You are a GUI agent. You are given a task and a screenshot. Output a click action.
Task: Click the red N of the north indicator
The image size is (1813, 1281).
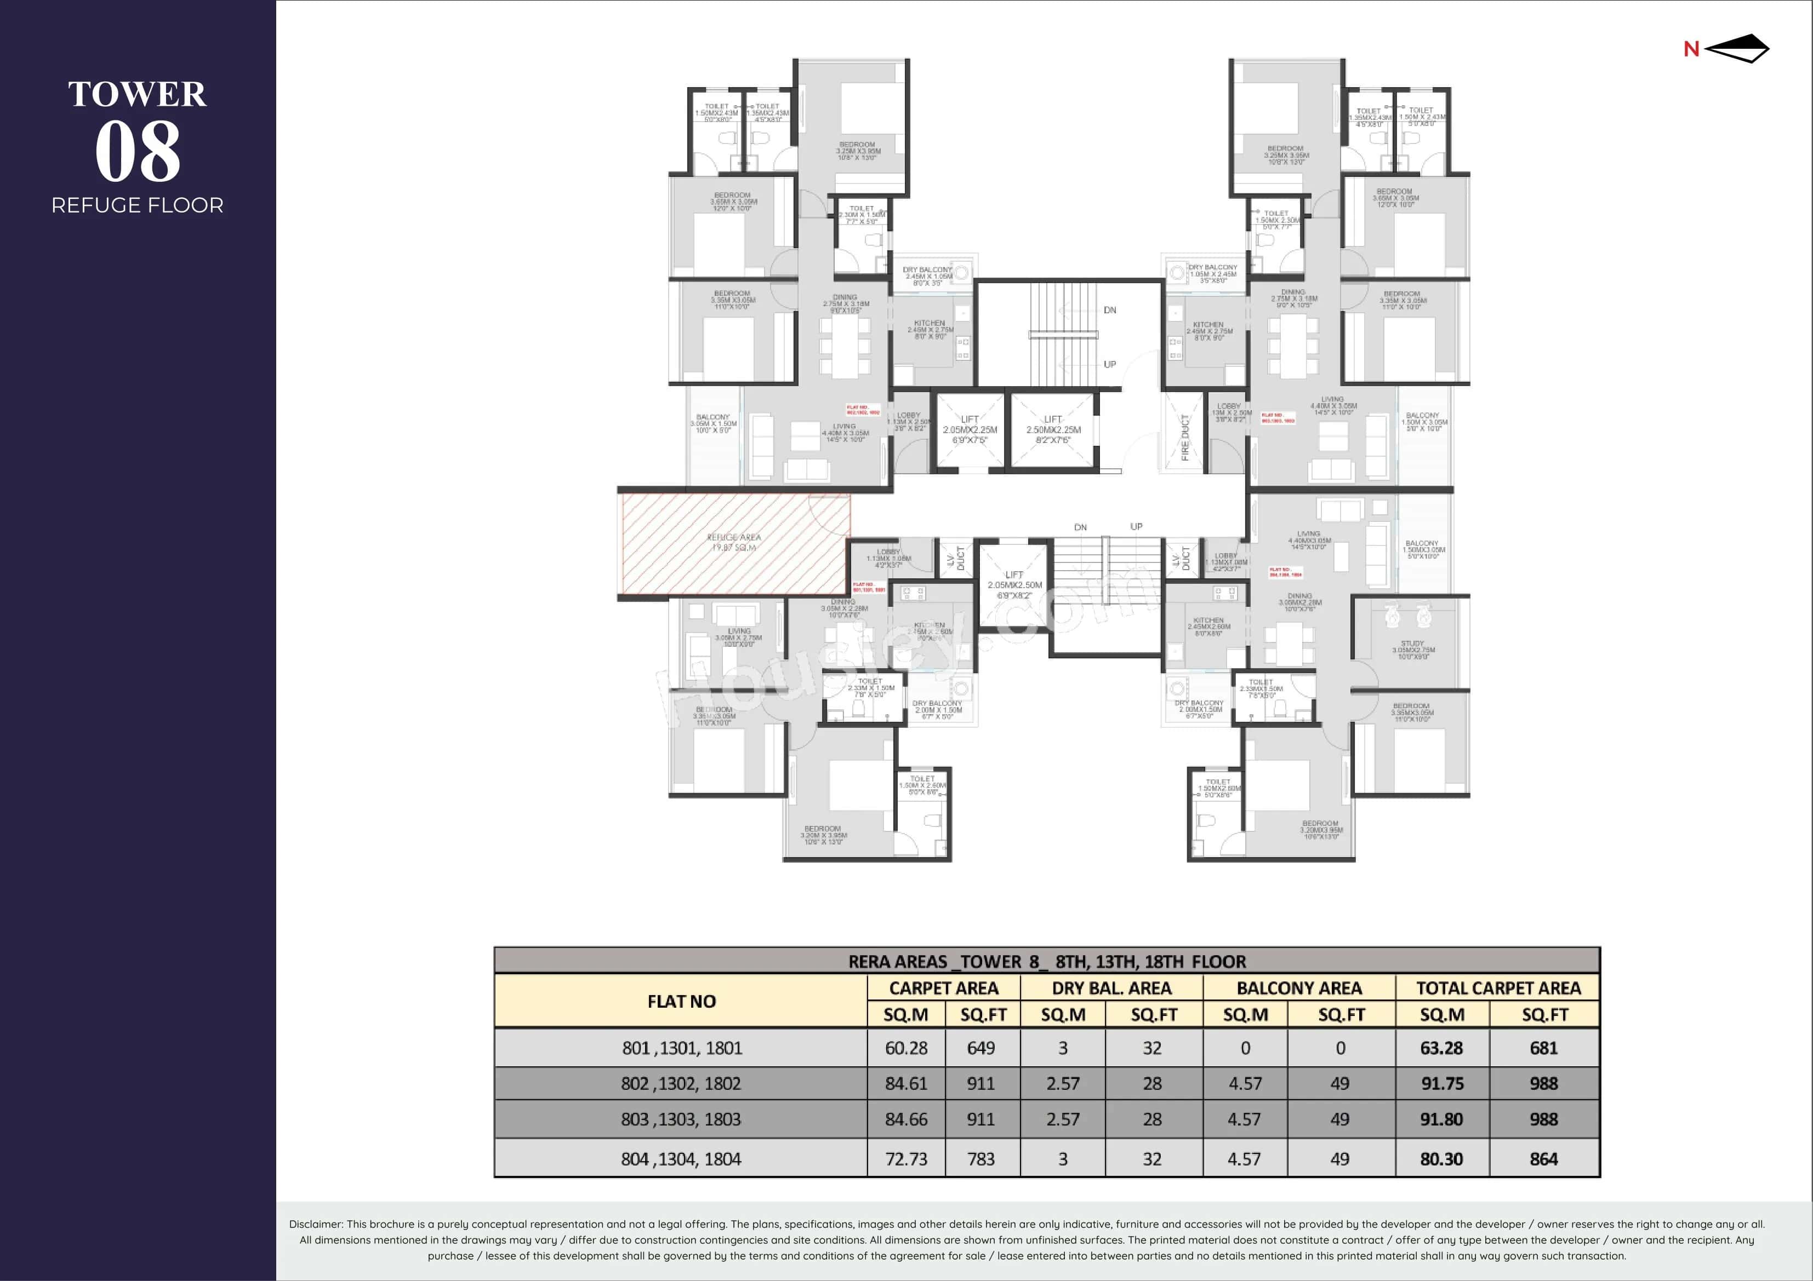coord(1691,49)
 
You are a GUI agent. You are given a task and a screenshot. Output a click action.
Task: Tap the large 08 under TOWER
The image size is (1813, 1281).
coord(138,152)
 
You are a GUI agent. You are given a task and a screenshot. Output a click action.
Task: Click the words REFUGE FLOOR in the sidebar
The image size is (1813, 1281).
coord(138,205)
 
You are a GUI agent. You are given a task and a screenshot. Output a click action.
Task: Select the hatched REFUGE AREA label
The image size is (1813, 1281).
coord(733,542)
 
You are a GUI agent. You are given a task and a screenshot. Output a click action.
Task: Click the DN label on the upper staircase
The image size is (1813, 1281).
coord(1109,310)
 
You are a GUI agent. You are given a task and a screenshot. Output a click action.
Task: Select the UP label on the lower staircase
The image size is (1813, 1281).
coord(1136,526)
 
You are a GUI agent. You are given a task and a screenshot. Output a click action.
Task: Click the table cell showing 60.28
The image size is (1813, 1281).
coord(906,1048)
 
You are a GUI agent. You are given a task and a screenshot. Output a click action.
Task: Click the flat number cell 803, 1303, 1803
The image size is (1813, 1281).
coord(681,1119)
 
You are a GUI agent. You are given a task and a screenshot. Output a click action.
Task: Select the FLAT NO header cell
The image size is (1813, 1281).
coord(681,1001)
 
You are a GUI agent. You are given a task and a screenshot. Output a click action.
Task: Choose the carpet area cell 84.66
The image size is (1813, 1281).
coord(906,1119)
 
